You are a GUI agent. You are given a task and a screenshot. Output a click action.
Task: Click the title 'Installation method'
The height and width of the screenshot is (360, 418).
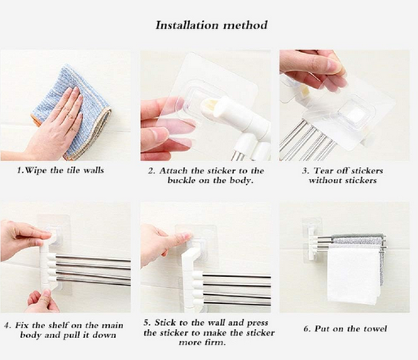[x=211, y=24]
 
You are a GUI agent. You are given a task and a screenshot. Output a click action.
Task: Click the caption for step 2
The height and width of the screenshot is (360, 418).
[x=205, y=175]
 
